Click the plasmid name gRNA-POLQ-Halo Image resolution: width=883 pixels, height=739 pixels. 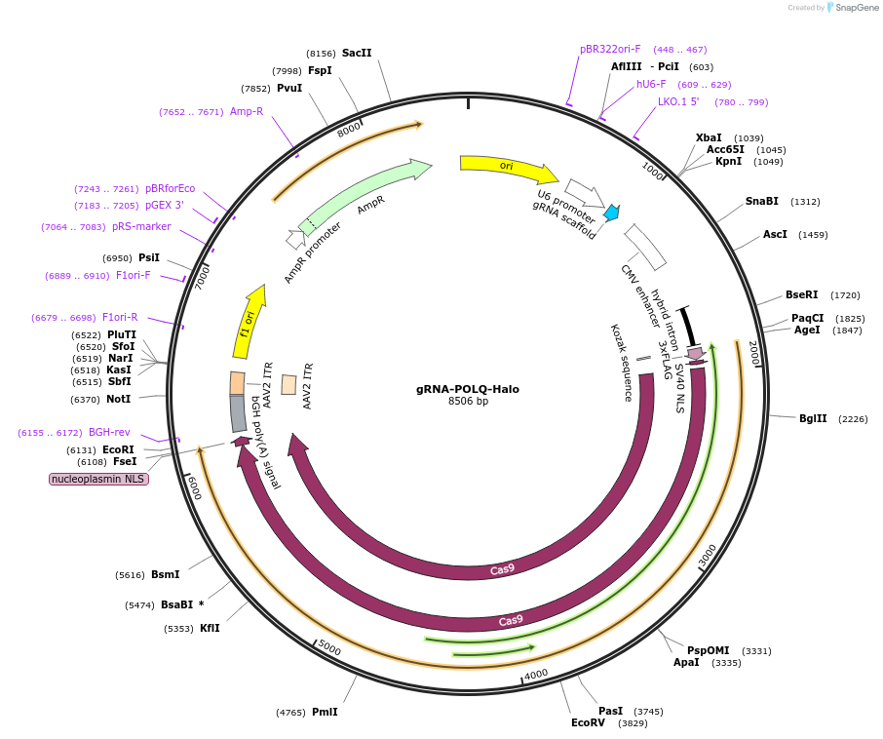point(467,389)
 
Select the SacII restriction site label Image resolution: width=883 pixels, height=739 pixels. point(357,54)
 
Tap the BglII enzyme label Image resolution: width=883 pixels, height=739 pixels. point(813,419)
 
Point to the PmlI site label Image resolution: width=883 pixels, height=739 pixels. point(325,712)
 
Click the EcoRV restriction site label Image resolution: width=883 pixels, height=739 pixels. point(588,722)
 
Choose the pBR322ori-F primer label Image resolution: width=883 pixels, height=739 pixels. point(610,49)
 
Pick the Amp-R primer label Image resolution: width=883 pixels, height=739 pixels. point(247,112)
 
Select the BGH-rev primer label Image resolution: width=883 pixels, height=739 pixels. point(109,432)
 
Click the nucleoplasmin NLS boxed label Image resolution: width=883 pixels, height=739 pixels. point(99,479)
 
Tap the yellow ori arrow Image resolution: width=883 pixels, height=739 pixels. point(507,168)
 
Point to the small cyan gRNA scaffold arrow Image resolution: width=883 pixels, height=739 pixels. point(612,213)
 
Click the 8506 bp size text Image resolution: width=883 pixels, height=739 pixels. point(468,402)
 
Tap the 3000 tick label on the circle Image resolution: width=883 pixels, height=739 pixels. point(709,556)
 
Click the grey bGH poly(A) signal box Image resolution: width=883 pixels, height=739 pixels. point(238,413)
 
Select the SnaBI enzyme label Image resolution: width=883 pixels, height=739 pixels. point(762,202)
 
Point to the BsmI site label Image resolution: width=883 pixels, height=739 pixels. point(165,575)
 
